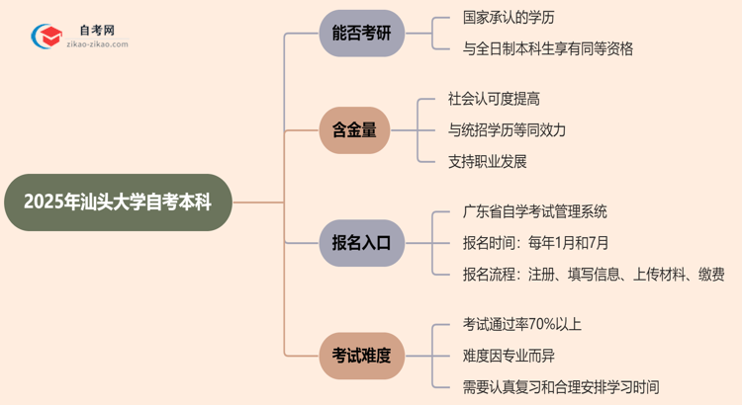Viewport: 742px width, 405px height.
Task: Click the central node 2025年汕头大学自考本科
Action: click(117, 202)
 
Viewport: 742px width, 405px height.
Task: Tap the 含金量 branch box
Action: click(355, 129)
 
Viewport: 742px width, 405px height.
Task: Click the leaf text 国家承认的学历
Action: click(509, 18)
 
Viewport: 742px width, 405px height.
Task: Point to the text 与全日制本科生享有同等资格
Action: click(547, 48)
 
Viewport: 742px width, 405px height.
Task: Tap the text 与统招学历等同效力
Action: click(507, 129)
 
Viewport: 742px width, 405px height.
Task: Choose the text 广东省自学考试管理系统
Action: click(534, 211)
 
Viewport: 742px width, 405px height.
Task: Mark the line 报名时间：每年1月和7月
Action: click(534, 242)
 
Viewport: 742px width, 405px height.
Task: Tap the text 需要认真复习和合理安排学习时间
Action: click(560, 386)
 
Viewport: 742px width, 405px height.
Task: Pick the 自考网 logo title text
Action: click(96, 31)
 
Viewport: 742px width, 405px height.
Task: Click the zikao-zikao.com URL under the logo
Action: click(97, 45)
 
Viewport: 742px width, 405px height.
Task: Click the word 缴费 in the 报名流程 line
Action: click(710, 274)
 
